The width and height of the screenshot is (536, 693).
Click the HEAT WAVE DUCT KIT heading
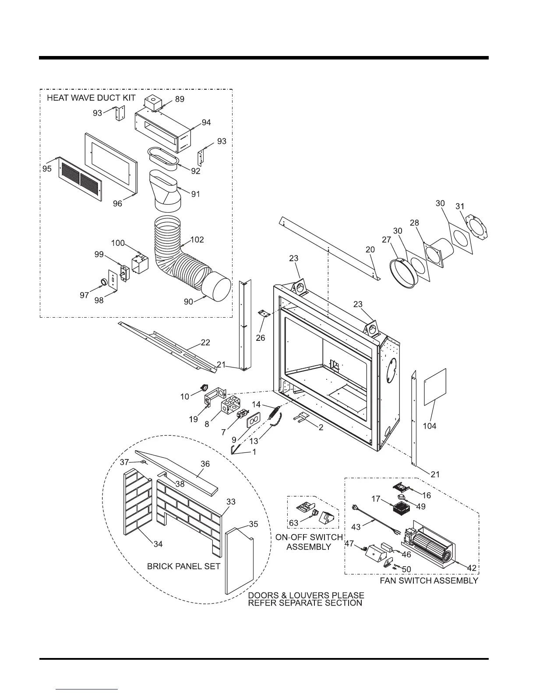point(91,98)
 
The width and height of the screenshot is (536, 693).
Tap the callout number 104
point(429,426)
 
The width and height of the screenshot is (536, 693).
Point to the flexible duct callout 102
point(197,240)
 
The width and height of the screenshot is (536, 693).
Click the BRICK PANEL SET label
point(183,566)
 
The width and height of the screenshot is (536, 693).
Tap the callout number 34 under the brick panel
point(158,544)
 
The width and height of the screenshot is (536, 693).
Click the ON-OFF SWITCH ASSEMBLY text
point(309,542)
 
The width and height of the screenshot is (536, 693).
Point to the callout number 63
point(293,523)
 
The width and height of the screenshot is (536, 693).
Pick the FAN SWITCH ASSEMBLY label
point(429,581)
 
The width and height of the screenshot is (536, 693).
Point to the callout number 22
point(205,343)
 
